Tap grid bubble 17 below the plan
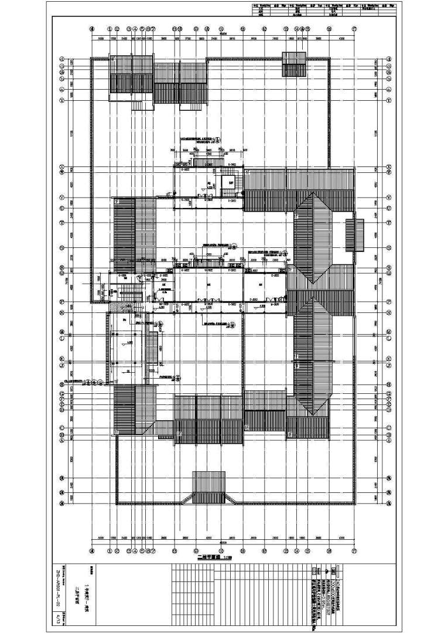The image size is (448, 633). click(354, 550)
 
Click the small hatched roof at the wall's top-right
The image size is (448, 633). click(294, 64)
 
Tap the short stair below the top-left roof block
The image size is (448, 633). click(138, 105)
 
